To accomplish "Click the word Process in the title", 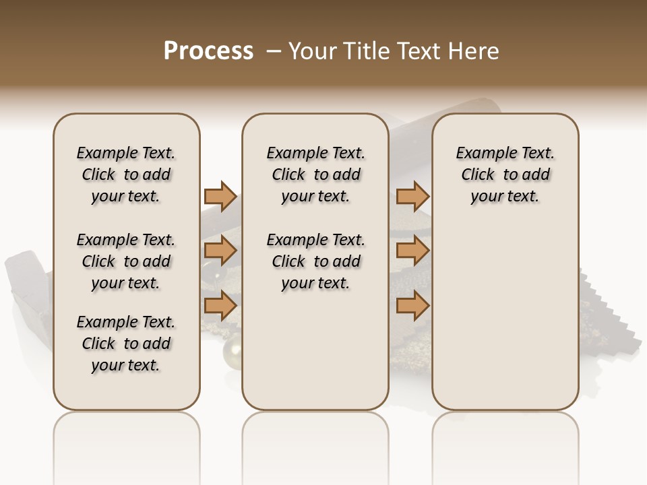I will click(208, 51).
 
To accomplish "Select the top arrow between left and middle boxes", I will click(220, 197).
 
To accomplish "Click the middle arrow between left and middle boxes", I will click(220, 251).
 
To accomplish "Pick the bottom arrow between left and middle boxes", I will click(220, 306).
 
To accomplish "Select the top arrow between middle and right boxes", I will click(412, 197).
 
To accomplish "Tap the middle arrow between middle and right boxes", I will click(412, 251).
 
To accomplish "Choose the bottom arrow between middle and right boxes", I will click(412, 306).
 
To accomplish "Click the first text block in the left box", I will click(126, 174).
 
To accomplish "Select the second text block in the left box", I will click(126, 261).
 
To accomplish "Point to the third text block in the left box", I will click(126, 344).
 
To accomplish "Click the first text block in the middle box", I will click(315, 174).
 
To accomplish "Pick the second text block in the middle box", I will click(315, 261).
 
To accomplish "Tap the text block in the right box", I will click(505, 174).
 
